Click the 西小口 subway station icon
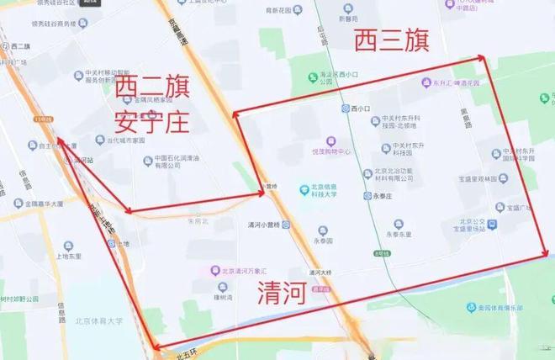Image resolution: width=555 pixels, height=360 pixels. tap(345, 109)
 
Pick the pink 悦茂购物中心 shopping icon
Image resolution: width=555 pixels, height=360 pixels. tap(331, 141)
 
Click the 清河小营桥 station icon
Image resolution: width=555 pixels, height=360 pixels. tap(287, 225)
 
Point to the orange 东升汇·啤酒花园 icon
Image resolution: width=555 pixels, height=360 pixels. tap(426, 84)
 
